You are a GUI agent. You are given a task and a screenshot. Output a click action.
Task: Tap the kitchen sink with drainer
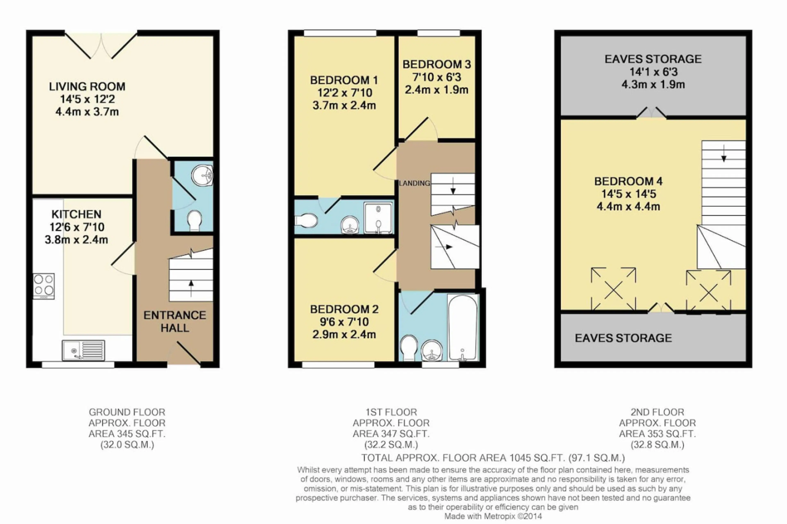coord(83,350)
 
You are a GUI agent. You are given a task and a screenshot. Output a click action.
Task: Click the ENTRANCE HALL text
coord(175,321)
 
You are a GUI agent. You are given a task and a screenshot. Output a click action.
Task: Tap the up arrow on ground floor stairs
coord(191,288)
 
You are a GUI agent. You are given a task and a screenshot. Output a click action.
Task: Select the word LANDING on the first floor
coord(414,183)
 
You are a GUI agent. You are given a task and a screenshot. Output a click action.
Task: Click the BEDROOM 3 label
coord(437,64)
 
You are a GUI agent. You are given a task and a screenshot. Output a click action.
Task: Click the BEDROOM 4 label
coord(628,181)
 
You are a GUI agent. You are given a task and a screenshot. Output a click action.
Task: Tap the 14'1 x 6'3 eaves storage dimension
coord(653,72)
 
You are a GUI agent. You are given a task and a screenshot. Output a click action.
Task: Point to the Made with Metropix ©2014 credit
coord(493,516)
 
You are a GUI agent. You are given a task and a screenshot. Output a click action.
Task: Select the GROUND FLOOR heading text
coord(127,412)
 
